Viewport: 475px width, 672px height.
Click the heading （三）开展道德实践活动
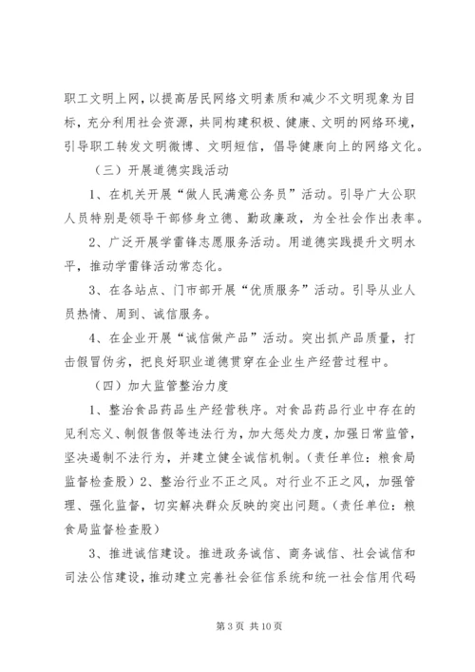153,172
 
